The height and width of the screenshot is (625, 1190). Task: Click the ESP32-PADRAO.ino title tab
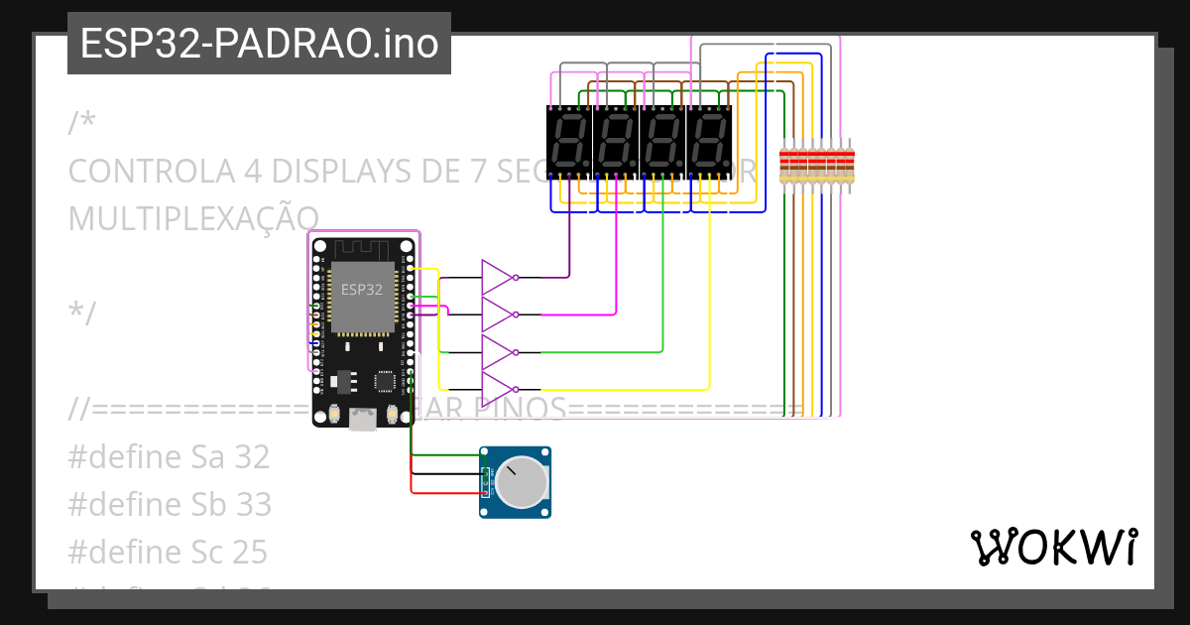(x=259, y=44)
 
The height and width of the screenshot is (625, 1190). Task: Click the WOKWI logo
(x=1053, y=547)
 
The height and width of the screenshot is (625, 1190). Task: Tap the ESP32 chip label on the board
(x=361, y=290)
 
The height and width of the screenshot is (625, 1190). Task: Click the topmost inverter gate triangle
(x=496, y=277)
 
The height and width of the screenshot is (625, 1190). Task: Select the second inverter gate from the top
(x=496, y=313)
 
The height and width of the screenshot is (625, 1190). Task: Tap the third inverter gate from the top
(x=496, y=351)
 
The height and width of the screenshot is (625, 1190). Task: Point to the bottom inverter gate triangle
(x=496, y=388)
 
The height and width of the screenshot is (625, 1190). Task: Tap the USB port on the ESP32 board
(x=363, y=421)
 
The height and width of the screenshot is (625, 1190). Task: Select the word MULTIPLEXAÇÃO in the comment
(x=193, y=217)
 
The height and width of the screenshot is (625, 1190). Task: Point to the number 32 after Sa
(x=253, y=457)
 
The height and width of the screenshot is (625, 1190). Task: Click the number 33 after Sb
(x=254, y=504)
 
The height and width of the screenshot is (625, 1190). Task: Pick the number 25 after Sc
(x=252, y=552)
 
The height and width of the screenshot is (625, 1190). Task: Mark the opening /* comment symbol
(x=82, y=124)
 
